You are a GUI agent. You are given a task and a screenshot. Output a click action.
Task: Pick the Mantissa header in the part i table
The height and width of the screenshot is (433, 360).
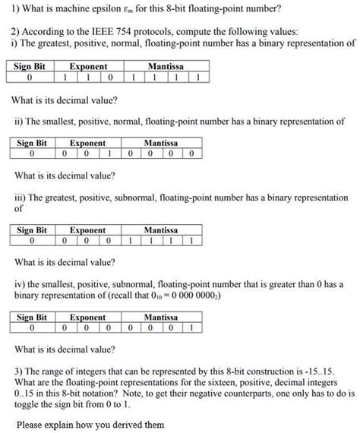165,67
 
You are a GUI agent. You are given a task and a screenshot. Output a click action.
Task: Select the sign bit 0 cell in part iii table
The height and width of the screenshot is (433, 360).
31,241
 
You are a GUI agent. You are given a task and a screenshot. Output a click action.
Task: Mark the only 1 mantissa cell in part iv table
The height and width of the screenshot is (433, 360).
195,328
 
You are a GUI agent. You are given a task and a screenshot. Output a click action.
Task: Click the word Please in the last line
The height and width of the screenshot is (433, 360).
30,425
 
